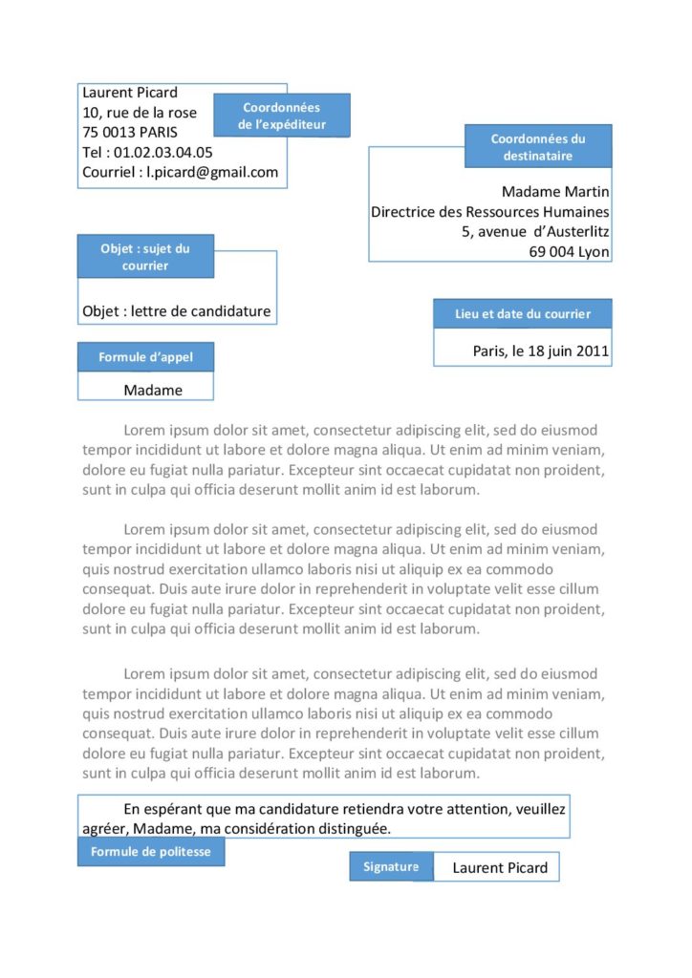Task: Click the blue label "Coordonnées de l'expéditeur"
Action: click(281, 116)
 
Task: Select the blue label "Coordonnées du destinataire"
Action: click(538, 146)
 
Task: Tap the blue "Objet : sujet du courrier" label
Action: click(145, 256)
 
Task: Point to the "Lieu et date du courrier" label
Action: click(522, 313)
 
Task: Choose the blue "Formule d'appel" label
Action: click(145, 357)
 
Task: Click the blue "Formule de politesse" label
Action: click(151, 851)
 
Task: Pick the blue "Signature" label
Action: click(391, 866)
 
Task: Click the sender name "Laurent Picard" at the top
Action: click(130, 93)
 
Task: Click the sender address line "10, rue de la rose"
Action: click(140, 113)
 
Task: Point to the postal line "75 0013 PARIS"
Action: click(130, 132)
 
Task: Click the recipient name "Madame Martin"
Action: click(555, 192)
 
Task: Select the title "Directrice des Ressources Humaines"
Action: click(490, 212)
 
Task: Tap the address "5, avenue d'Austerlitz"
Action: click(535, 232)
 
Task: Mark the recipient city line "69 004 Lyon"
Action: click(570, 252)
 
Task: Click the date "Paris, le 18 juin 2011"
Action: click(541, 351)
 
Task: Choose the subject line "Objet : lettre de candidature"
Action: click(177, 311)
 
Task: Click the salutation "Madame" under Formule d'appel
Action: click(153, 390)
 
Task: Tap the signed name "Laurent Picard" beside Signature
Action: click(500, 867)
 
